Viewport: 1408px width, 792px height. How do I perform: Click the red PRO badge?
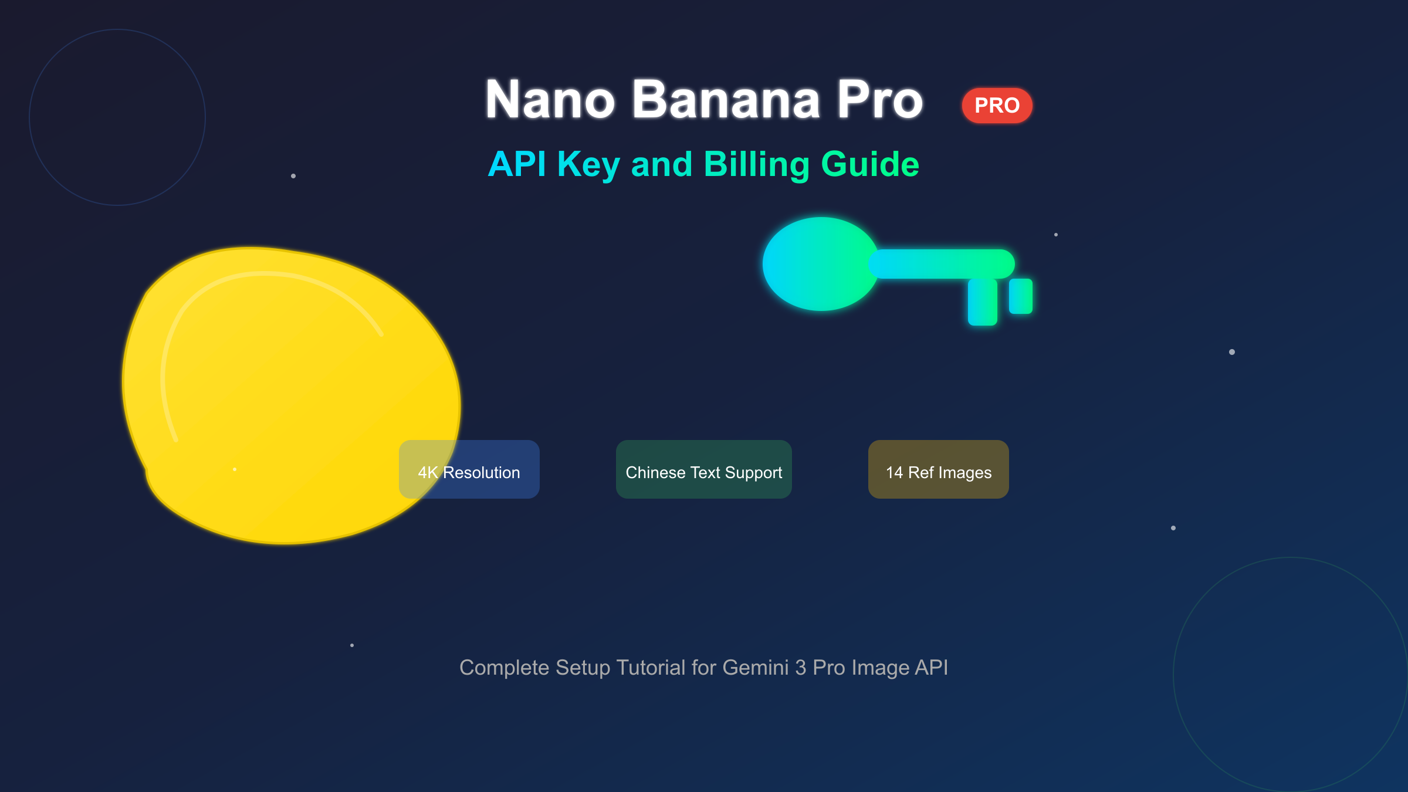[997, 106]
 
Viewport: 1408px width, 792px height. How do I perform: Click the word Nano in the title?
[550, 100]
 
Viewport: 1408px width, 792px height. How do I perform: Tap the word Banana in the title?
[726, 100]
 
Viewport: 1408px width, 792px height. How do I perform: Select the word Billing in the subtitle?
[757, 164]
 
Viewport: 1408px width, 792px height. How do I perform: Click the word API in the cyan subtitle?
[517, 164]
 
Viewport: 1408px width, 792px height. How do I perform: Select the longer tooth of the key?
[982, 302]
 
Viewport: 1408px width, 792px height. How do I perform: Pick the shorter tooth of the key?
[1021, 296]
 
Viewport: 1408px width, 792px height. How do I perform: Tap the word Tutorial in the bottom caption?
[651, 668]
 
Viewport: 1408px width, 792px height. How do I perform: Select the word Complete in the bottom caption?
[505, 668]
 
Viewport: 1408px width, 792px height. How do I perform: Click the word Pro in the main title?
[880, 100]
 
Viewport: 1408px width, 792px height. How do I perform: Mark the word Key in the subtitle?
[588, 164]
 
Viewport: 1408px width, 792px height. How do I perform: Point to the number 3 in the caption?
[801, 668]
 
